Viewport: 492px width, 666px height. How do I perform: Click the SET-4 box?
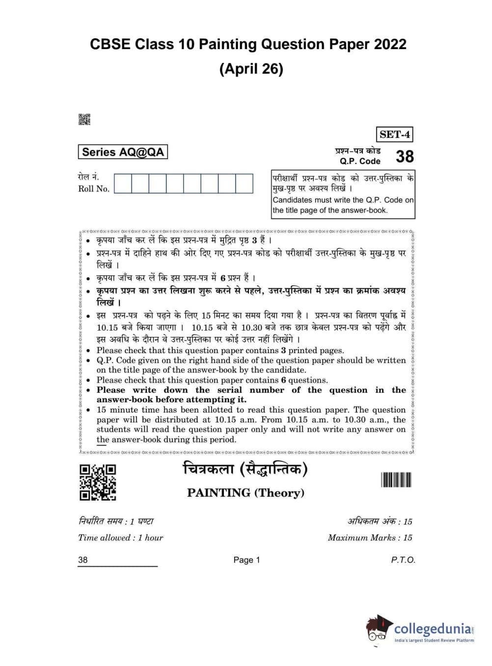tap(394, 134)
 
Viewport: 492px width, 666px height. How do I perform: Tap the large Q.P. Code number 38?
tap(405, 156)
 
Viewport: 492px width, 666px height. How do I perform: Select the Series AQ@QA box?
tap(123, 152)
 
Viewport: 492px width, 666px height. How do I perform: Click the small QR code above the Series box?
tap(84, 119)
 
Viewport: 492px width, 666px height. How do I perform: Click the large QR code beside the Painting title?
tap(98, 482)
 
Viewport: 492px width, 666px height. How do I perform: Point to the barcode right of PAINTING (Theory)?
tap(396, 479)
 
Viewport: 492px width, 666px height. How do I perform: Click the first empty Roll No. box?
tap(123, 184)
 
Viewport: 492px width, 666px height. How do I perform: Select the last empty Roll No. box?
tap(244, 184)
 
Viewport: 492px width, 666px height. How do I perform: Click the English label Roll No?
tap(94, 189)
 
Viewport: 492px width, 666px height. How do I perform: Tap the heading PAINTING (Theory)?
tap(246, 493)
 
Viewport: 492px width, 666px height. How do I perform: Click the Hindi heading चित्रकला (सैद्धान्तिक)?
tap(245, 470)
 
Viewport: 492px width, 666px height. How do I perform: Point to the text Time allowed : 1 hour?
tap(120, 537)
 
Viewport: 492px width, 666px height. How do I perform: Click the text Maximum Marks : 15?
tap(370, 537)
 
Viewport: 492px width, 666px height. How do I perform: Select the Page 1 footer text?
tap(246, 560)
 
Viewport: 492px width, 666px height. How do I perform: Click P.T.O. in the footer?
tap(403, 560)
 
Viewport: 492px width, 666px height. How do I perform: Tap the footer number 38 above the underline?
tap(82, 560)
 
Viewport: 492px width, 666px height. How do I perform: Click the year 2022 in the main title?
tap(390, 44)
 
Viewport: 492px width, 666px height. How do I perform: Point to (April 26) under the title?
tap(251, 68)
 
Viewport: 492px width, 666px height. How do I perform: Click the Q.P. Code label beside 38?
tap(360, 161)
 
